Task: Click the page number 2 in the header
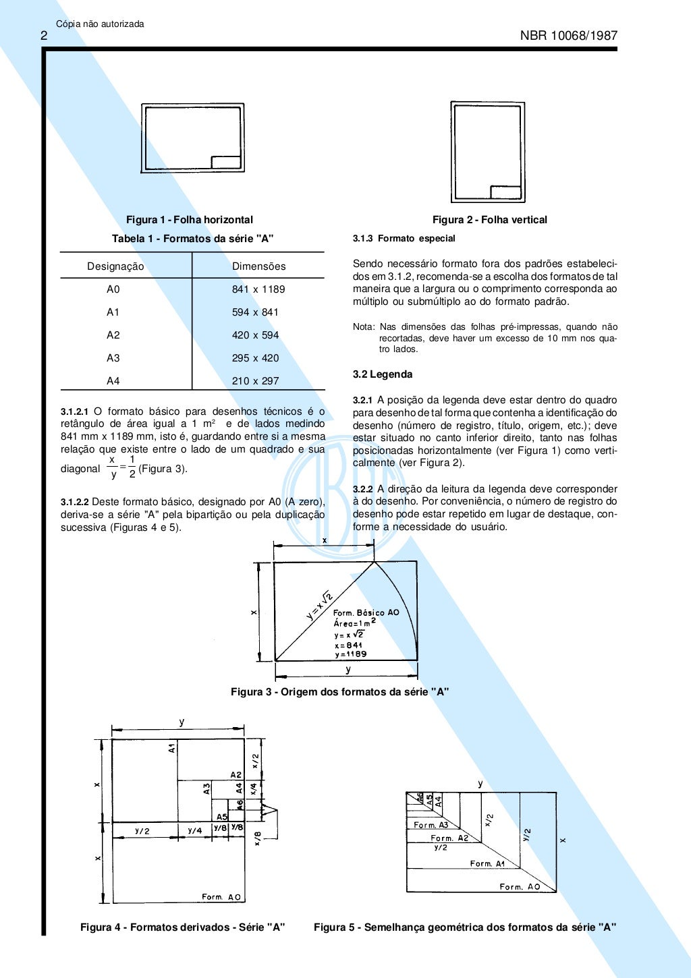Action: pyautogui.click(x=44, y=36)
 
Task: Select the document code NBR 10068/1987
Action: pyautogui.click(x=568, y=36)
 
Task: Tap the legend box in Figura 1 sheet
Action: pyautogui.click(x=226, y=163)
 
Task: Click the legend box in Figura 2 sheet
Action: pyautogui.click(x=505, y=192)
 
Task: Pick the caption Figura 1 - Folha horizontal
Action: pyautogui.click(x=190, y=220)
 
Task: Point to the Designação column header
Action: pyautogui.click(x=115, y=266)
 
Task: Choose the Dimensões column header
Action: pyautogui.click(x=258, y=266)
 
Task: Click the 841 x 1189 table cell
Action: pyautogui.click(x=258, y=289)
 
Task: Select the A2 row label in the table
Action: pyautogui.click(x=113, y=335)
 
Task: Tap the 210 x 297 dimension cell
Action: pyautogui.click(x=255, y=381)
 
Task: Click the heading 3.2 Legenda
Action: pyautogui.click(x=383, y=374)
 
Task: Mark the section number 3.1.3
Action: pyautogui.click(x=362, y=239)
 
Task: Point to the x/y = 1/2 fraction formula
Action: pyautogui.click(x=122, y=467)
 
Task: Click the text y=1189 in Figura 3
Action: pyautogui.click(x=350, y=654)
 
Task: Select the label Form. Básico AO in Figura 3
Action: pyautogui.click(x=366, y=612)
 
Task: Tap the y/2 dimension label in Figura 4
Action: pyautogui.click(x=142, y=831)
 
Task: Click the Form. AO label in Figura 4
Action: pyautogui.click(x=221, y=897)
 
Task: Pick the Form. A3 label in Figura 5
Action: pyautogui.click(x=431, y=825)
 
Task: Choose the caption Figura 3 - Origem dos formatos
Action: pyautogui.click(x=339, y=692)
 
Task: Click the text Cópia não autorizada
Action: pyautogui.click(x=100, y=24)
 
